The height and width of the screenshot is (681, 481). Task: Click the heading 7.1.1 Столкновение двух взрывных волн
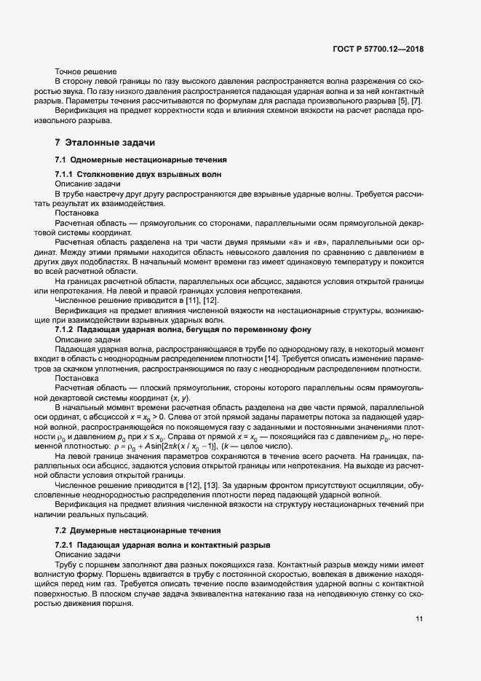tap(138, 176)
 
